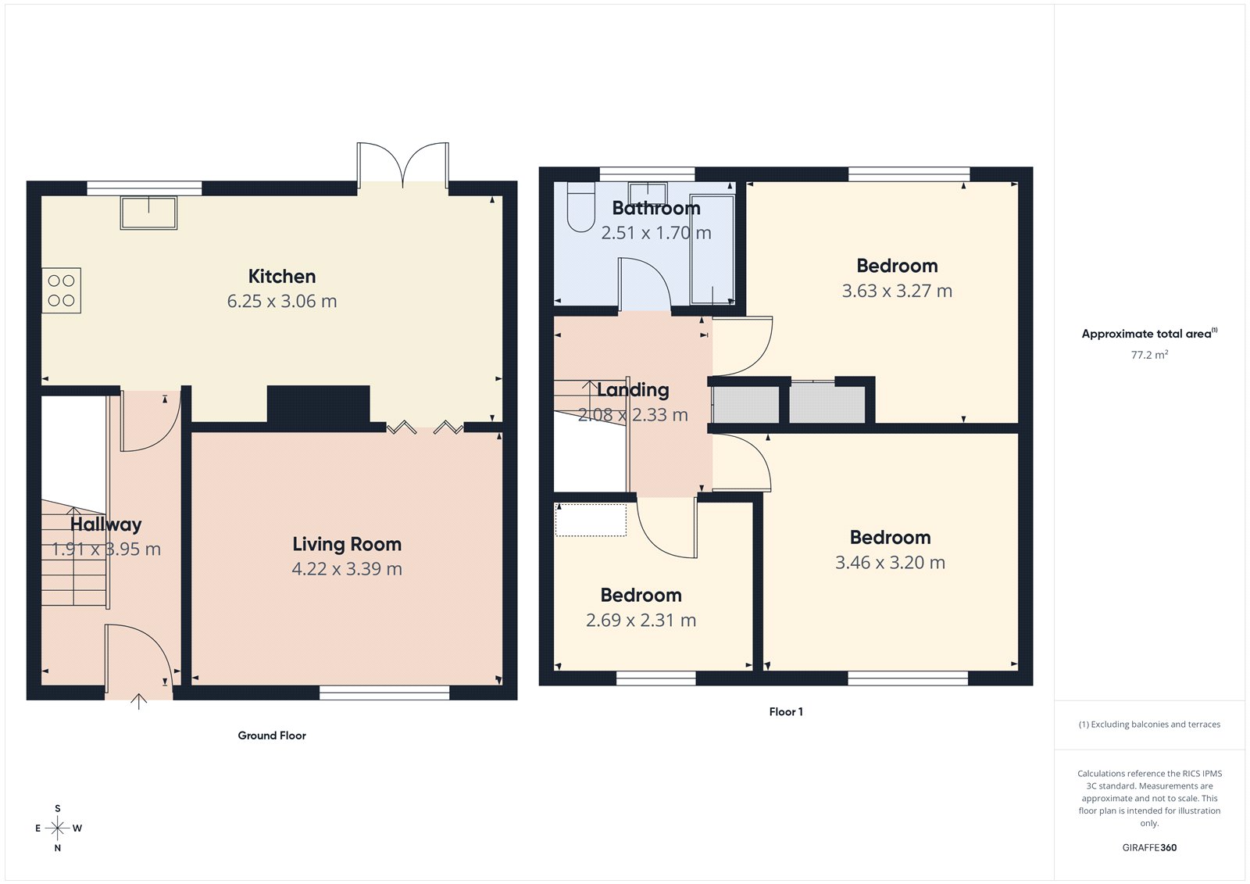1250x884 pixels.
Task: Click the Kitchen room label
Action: click(282, 276)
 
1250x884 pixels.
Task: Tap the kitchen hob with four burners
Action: click(61, 290)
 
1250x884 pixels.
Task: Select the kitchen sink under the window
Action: click(148, 212)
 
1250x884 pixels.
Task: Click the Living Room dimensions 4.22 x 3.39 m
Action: click(347, 569)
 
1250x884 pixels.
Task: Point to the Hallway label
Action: click(106, 524)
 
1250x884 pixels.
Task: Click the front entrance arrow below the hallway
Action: click(138, 701)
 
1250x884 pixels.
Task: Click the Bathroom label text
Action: click(656, 208)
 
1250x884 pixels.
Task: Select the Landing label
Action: click(633, 389)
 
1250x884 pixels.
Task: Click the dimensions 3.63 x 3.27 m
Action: click(897, 291)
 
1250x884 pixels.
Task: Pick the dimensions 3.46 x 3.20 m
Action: click(890, 563)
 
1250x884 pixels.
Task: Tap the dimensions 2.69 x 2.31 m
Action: click(641, 621)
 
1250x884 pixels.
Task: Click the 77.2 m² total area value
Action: click(1149, 355)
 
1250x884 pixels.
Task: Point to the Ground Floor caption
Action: click(272, 735)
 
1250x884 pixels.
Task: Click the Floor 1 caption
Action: click(786, 711)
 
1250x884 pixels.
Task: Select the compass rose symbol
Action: click(58, 828)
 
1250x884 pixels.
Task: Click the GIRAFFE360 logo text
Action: click(1149, 847)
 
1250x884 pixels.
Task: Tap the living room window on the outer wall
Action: click(384, 693)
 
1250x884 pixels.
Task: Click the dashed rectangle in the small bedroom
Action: click(591, 520)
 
